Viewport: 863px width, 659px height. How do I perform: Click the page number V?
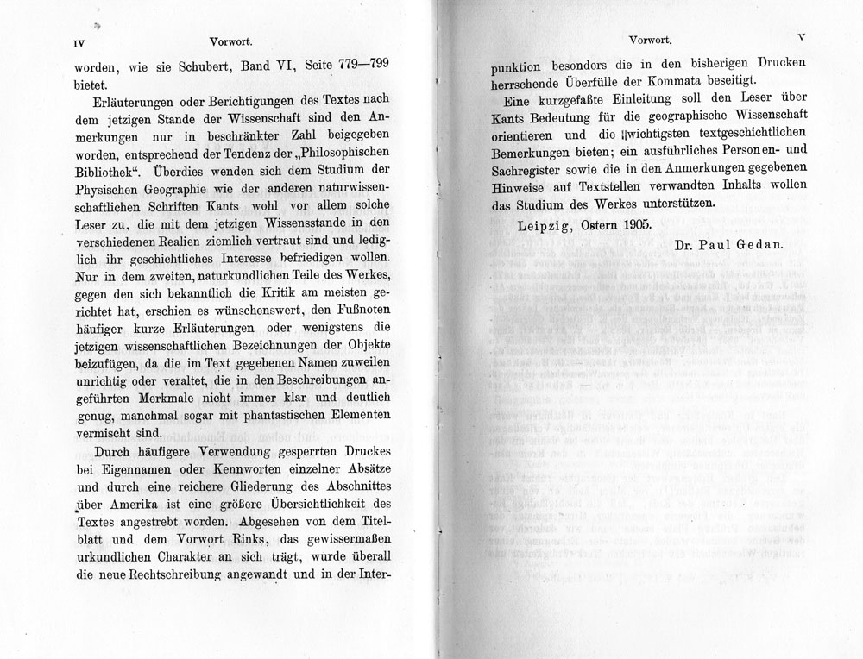pos(802,38)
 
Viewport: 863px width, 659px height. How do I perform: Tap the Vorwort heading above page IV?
pos(230,40)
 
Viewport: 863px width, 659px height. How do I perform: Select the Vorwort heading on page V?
pos(652,39)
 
